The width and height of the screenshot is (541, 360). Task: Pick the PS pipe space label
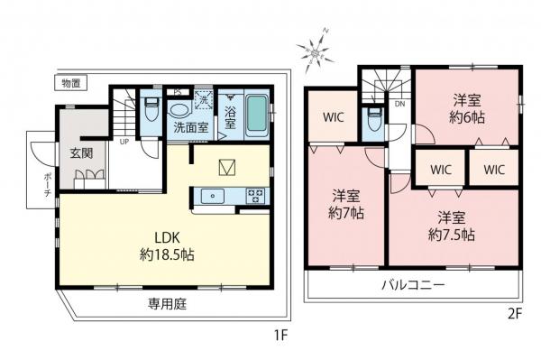click(178, 90)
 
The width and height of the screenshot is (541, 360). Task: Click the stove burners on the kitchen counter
click(254, 194)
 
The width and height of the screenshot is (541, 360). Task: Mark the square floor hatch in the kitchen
click(229, 166)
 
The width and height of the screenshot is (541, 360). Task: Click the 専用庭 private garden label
click(167, 304)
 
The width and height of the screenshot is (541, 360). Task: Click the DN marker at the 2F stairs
click(399, 105)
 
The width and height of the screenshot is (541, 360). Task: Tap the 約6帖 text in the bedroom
click(467, 115)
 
